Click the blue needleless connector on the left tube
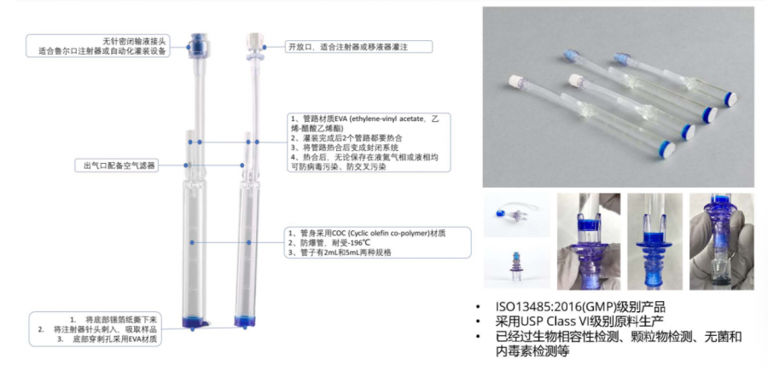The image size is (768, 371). click(198, 45)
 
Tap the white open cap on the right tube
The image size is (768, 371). click(253, 40)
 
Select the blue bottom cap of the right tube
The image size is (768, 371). click(244, 321)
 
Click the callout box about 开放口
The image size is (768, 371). click(359, 47)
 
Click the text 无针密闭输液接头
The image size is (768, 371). click(136, 41)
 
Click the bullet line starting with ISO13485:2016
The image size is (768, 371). click(580, 307)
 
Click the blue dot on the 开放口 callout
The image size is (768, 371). click(265, 47)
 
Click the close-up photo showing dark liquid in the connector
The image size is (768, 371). click(721, 241)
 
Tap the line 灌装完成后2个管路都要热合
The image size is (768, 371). click(346, 139)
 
